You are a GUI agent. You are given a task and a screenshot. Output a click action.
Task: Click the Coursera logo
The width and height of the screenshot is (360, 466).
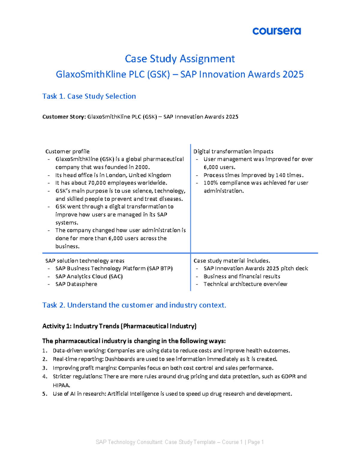(x=276, y=31)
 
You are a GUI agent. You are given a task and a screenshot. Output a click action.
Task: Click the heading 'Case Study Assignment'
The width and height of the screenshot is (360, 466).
(x=180, y=59)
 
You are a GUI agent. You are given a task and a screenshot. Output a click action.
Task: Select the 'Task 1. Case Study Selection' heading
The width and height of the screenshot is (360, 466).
(x=89, y=96)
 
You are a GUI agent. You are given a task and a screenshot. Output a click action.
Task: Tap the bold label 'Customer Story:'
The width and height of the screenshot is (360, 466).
(x=64, y=117)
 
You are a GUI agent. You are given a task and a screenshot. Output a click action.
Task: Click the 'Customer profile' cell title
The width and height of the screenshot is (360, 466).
(x=67, y=152)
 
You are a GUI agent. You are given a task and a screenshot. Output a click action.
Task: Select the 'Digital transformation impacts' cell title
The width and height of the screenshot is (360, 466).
(x=233, y=152)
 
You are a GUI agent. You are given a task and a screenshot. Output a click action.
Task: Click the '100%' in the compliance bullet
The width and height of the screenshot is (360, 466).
(x=211, y=183)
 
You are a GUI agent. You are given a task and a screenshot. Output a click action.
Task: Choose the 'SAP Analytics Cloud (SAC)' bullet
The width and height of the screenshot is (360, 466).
(x=89, y=276)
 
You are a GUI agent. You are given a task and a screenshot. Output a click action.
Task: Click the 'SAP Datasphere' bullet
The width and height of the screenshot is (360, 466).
(x=76, y=284)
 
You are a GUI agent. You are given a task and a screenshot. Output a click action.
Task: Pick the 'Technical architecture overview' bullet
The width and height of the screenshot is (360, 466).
(x=245, y=284)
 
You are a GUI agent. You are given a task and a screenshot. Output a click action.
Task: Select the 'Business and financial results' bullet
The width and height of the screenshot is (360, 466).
(x=242, y=276)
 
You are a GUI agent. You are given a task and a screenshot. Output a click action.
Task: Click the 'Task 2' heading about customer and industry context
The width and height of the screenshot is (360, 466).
(x=134, y=305)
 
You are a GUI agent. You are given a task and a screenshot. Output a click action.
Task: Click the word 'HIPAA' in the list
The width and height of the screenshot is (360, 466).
(x=61, y=385)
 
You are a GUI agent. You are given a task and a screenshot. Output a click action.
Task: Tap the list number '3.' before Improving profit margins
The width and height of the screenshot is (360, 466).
(x=45, y=368)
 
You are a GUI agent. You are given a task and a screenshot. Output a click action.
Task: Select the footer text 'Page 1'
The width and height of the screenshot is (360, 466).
(x=256, y=442)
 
